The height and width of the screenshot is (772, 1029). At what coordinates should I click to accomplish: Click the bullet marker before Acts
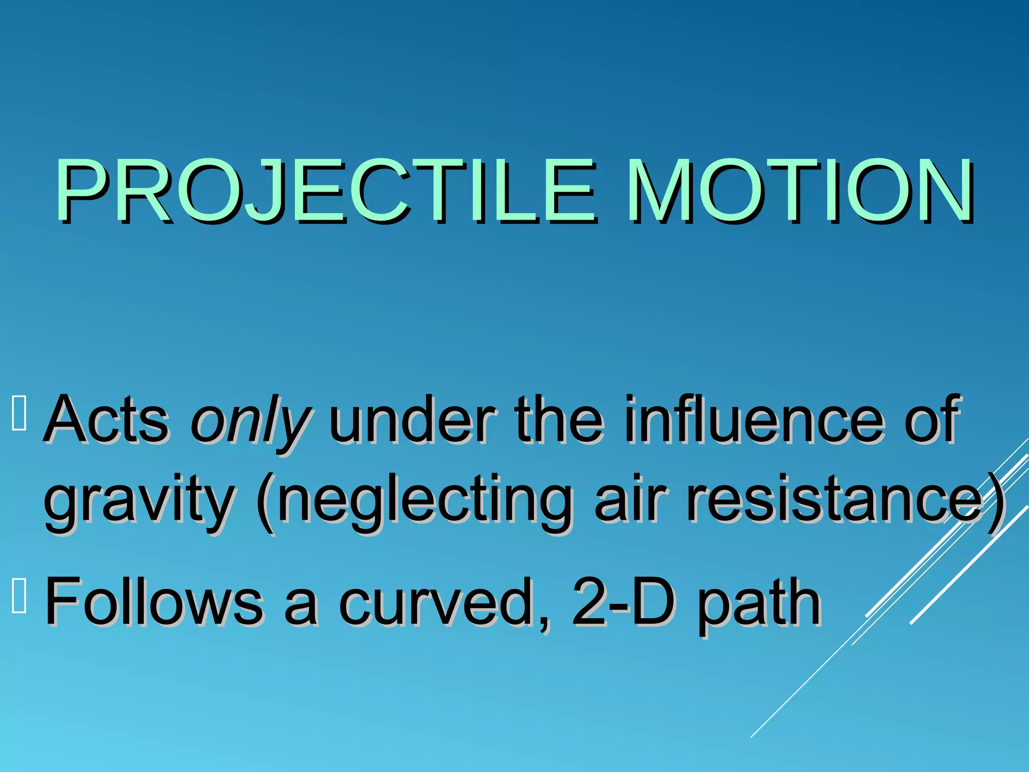[x=19, y=414]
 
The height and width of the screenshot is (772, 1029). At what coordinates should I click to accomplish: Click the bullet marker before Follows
[x=19, y=596]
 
